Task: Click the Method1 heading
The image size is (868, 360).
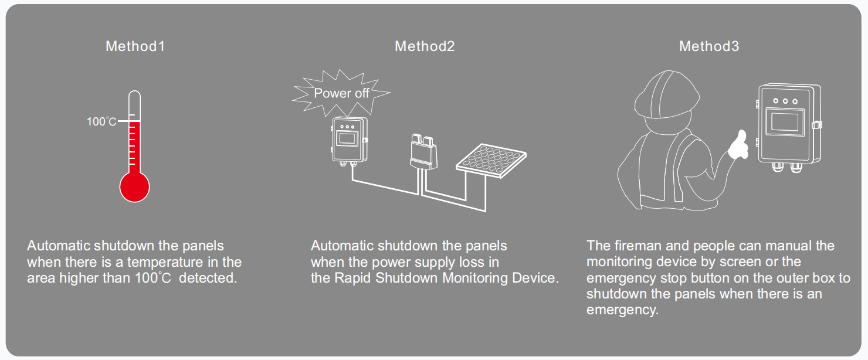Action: (x=135, y=46)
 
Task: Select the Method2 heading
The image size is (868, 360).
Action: (x=425, y=46)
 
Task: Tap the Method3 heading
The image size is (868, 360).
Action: (x=709, y=46)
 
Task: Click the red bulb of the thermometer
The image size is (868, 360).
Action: (x=135, y=187)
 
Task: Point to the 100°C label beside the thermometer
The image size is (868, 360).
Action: (x=101, y=122)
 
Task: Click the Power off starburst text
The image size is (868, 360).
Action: (x=341, y=93)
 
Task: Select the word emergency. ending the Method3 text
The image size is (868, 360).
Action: (x=622, y=310)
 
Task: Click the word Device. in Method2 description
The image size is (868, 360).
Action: (x=536, y=278)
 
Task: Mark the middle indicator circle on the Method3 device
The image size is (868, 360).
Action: (x=785, y=100)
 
